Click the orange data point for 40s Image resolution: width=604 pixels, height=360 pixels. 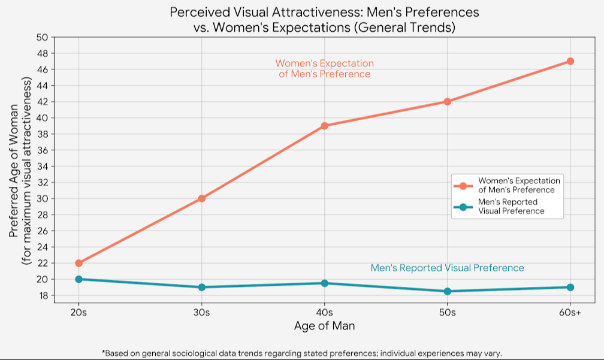324,126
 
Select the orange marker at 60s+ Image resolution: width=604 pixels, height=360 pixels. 570,61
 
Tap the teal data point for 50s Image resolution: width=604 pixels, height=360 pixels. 447,291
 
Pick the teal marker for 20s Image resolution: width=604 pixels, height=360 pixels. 78,279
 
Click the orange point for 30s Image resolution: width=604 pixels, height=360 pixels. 201,198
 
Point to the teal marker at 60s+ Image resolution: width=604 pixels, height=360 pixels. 570,287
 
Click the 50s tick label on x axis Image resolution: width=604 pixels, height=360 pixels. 447,313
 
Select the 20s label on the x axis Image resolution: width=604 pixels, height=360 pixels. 78,313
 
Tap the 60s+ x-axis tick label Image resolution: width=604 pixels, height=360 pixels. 570,313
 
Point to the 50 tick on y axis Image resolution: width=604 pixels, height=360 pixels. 42,37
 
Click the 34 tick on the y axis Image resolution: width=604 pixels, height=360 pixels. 42,167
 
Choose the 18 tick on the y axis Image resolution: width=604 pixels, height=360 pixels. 42,295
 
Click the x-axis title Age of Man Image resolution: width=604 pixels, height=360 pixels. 324,326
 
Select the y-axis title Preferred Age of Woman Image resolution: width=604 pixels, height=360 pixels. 14,170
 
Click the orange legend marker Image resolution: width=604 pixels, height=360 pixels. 463,185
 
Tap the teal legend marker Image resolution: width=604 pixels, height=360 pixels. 463,207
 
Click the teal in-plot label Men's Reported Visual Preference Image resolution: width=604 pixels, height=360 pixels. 447,268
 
